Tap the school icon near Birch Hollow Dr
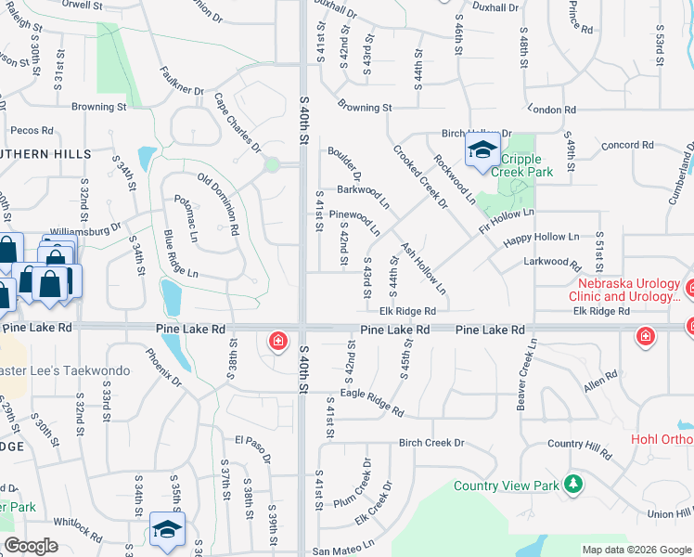(482, 150)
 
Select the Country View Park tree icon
(573, 484)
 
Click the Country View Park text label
(507, 486)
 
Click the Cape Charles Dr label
(238, 122)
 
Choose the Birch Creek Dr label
(431, 443)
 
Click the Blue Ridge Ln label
(181, 254)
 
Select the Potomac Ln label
(193, 213)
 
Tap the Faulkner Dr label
(182, 78)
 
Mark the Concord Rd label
(628, 145)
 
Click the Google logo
(31, 546)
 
